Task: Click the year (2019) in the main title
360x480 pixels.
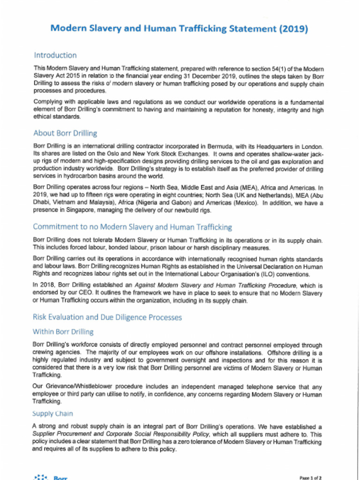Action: tap(293, 29)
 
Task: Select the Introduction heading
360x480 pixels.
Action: tap(55, 55)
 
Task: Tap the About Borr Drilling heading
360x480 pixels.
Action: tap(65, 133)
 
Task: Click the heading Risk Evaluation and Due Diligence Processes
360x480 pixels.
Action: tap(107, 317)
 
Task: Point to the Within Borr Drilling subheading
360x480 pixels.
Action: tap(63, 332)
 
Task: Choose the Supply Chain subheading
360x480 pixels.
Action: tap(52, 413)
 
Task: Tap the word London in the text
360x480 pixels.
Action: tap(311, 147)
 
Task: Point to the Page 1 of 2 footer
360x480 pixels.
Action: tap(310, 478)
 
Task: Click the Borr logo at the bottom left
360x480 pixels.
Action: tap(50, 477)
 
